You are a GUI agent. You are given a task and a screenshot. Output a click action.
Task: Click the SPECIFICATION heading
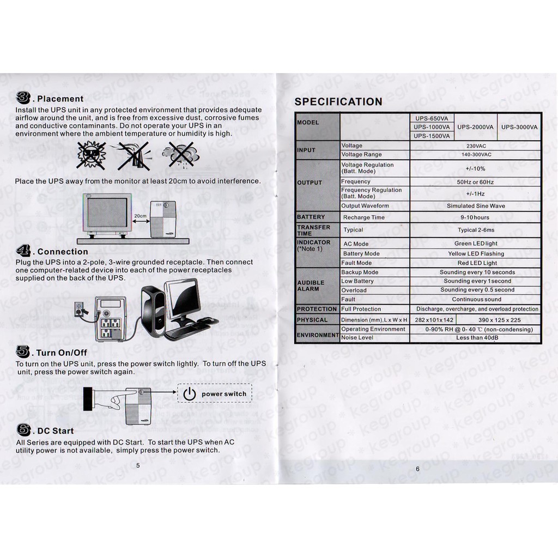[338, 101]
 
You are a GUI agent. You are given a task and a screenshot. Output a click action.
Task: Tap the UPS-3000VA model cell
[519, 127]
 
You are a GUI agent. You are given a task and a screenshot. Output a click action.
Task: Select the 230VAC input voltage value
[476, 146]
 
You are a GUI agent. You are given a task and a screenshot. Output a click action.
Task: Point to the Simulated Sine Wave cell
[476, 206]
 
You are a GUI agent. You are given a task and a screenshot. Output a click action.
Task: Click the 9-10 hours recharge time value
[476, 217]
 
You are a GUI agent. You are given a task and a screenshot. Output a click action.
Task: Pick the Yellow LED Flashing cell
[476, 253]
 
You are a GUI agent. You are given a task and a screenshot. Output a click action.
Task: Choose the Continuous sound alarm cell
[476, 299]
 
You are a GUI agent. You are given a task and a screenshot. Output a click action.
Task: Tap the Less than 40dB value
[476, 338]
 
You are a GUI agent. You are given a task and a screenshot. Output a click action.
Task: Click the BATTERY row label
[311, 217]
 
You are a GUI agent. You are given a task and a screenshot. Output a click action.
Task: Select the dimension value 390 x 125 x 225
[499, 320]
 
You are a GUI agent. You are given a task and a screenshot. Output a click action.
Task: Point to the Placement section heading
[60, 99]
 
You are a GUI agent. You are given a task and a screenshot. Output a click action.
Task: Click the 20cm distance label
[140, 216]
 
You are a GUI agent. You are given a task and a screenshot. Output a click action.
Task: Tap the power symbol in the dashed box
[189, 394]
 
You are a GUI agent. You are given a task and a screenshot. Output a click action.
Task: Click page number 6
[417, 469]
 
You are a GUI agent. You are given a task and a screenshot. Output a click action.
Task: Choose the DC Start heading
[55, 431]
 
